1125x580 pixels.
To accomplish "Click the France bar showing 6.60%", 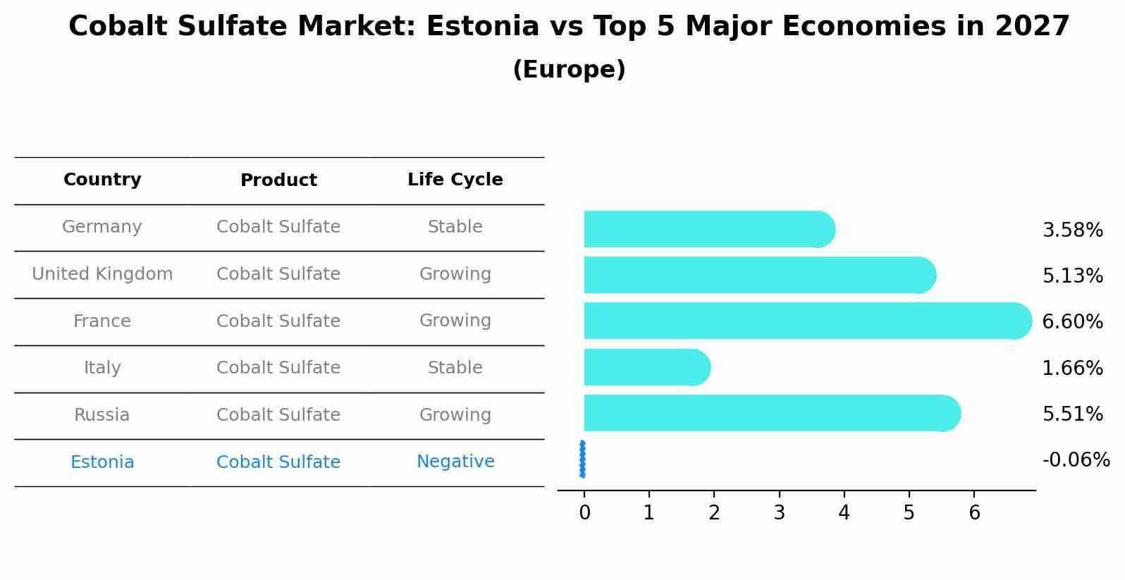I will click(x=804, y=321).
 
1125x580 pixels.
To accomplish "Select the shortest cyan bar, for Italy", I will click(x=645, y=367).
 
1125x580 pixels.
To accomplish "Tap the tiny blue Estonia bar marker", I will click(x=582, y=459).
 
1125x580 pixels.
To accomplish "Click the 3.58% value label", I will click(x=1072, y=230).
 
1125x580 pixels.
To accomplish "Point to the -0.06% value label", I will click(x=1076, y=460).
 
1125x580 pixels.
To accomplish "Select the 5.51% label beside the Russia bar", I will click(x=1072, y=414).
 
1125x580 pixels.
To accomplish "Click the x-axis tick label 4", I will click(x=844, y=513).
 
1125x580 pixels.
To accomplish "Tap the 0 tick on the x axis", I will click(x=584, y=513).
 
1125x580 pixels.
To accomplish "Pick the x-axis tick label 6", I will click(x=974, y=513).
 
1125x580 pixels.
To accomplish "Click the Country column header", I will click(x=102, y=180).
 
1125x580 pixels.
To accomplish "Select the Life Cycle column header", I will click(x=455, y=180).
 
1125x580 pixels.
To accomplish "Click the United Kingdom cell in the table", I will click(x=102, y=274).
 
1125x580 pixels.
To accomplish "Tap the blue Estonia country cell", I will click(x=102, y=462).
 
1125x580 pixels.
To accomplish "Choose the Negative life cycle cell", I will click(x=455, y=462).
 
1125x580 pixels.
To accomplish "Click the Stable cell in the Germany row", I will click(x=455, y=227).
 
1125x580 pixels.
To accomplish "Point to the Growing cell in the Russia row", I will click(x=455, y=415).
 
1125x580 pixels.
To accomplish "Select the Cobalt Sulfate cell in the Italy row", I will click(x=278, y=368).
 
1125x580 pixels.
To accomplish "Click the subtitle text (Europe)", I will click(x=569, y=70).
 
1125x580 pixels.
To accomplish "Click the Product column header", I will click(x=278, y=180).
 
